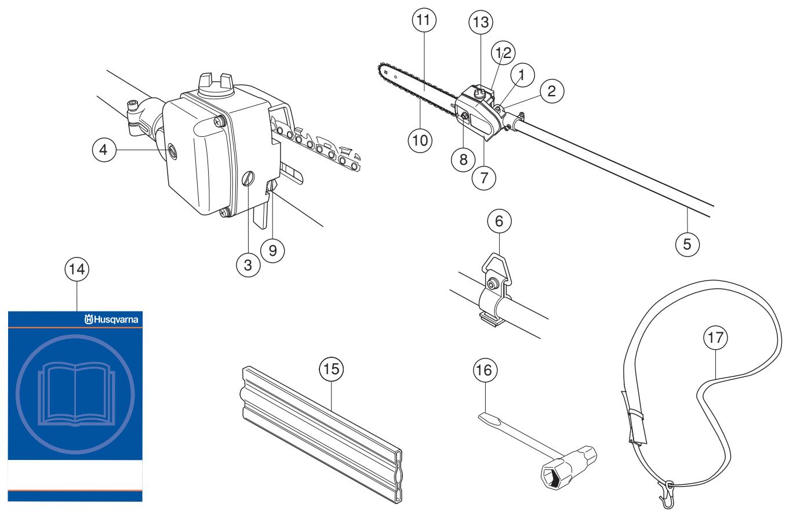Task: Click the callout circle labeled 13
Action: [x=481, y=23]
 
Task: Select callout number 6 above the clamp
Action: [x=500, y=221]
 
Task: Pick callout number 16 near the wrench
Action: [x=485, y=369]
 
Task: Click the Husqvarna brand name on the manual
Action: [x=115, y=319]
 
